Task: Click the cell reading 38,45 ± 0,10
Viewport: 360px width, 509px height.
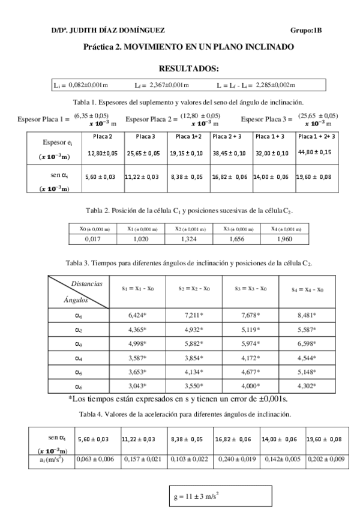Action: click(229, 154)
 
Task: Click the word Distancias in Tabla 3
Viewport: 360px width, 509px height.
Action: click(86, 283)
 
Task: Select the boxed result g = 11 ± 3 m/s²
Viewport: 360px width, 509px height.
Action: click(220, 496)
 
